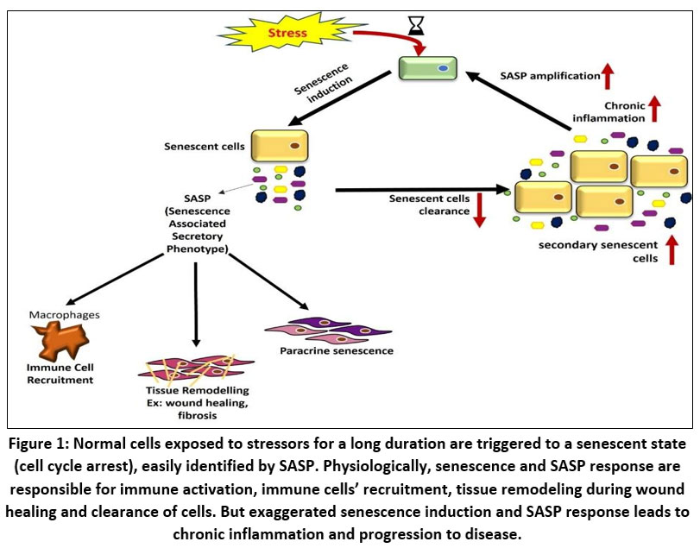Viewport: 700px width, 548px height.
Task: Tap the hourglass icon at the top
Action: (417, 28)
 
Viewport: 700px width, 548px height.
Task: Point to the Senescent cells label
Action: (200, 147)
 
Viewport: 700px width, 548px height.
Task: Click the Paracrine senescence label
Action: (325, 351)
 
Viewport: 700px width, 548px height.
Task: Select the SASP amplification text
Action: (552, 76)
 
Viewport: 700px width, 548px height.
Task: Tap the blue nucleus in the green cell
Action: (442, 66)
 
